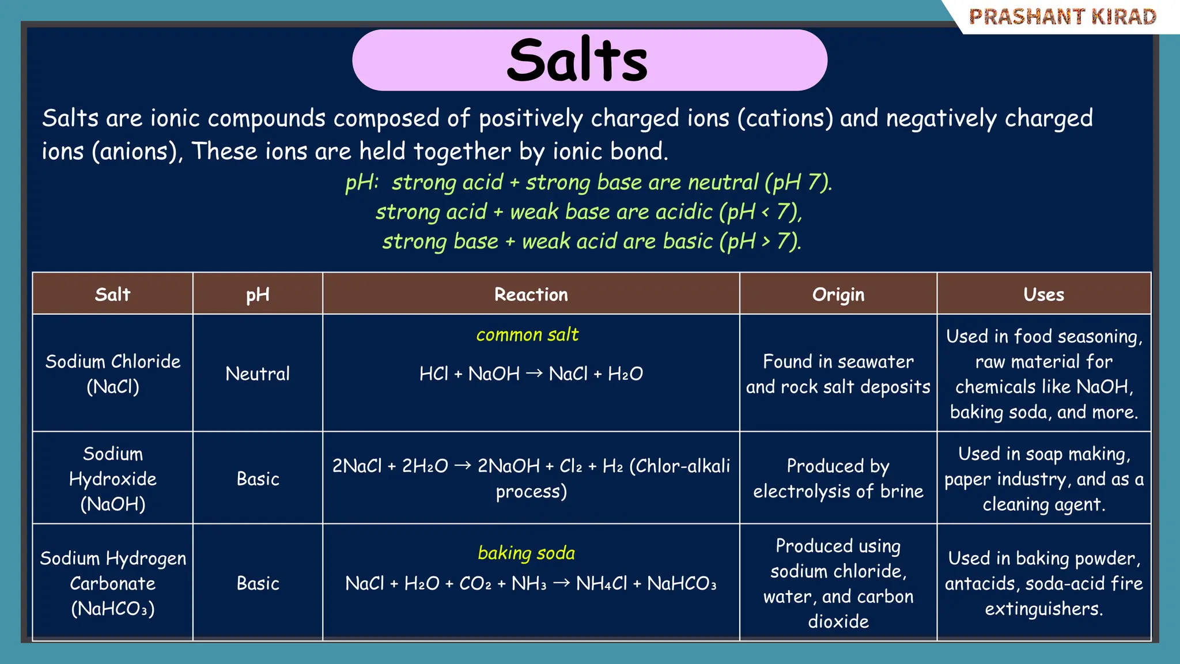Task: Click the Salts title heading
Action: (577, 60)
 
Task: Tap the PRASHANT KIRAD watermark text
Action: (1062, 17)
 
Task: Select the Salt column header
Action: (113, 295)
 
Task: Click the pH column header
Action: (258, 295)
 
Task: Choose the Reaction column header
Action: (531, 295)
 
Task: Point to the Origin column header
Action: (838, 295)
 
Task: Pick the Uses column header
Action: (1043, 295)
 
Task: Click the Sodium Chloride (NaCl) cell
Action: (113, 373)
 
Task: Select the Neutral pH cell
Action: (258, 373)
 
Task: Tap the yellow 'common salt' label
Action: (527, 335)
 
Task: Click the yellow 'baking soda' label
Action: (526, 553)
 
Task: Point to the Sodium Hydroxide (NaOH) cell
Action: (113, 478)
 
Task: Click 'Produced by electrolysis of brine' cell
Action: (838, 478)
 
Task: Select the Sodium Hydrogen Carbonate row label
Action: (113, 583)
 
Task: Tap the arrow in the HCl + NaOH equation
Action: (534, 373)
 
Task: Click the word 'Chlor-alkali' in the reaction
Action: (680, 466)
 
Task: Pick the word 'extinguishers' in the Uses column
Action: (1043, 609)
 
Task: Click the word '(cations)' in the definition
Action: (785, 118)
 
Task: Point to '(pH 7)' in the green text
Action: (798, 183)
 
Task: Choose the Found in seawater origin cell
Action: (838, 373)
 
